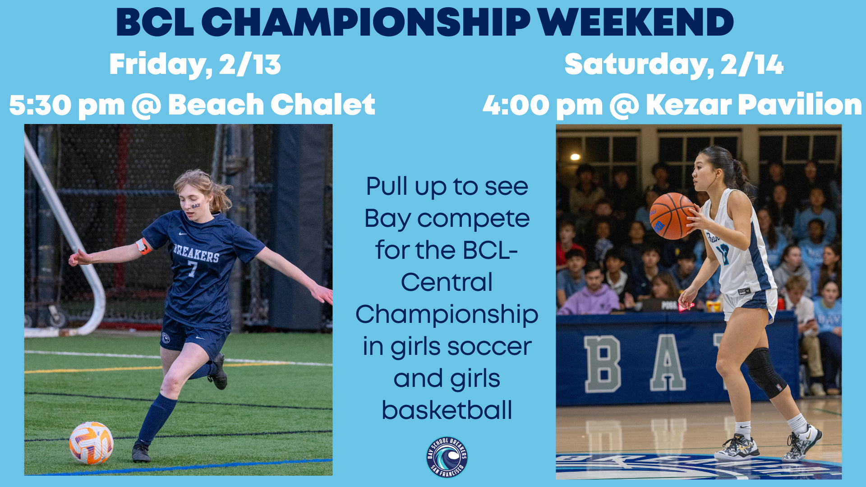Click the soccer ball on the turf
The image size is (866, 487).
click(x=91, y=443)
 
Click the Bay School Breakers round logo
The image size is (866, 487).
click(x=447, y=457)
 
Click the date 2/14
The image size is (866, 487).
click(x=752, y=64)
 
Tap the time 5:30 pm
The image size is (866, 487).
click(x=67, y=105)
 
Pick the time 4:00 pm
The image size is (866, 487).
click(x=543, y=105)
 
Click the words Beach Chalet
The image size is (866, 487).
click(x=272, y=105)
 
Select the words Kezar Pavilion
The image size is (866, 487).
click(x=754, y=105)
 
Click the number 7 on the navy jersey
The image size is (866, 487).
click(x=193, y=269)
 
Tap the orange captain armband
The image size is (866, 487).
click(x=143, y=246)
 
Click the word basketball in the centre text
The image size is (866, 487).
click(x=447, y=410)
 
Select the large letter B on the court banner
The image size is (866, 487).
click(x=602, y=364)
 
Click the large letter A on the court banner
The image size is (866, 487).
click(x=668, y=364)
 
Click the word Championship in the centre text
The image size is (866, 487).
click(x=447, y=314)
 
